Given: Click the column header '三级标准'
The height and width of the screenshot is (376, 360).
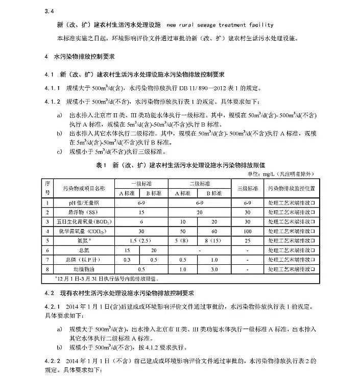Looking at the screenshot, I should pyautogui.click(x=248, y=188).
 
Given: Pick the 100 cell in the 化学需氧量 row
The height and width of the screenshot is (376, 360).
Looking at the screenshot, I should pyautogui.click(x=248, y=231).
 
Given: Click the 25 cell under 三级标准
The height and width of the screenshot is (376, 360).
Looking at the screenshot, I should pyautogui.click(x=248, y=240).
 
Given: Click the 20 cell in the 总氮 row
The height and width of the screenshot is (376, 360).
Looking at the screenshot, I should pyautogui.click(x=153, y=250).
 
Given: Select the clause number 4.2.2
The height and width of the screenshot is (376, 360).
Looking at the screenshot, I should pyautogui.click(x=53, y=361).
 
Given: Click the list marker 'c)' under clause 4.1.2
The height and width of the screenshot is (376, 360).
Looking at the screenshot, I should pyautogui.click(x=60, y=151).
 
